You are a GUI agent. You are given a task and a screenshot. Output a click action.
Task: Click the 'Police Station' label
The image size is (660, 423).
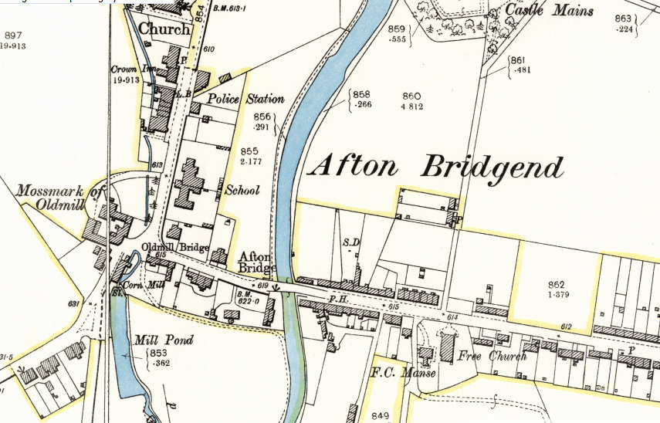click(x=245, y=99)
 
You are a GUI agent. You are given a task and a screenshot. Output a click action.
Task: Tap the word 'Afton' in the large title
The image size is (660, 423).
click(x=356, y=165)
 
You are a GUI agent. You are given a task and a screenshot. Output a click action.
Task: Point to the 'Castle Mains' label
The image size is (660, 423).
click(x=550, y=11)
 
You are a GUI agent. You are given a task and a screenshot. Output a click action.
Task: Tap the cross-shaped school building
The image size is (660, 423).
click(x=190, y=184)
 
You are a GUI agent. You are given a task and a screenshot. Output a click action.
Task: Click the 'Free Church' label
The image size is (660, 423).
click(x=492, y=357)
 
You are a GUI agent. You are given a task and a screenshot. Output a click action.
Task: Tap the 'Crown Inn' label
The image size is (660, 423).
click(x=129, y=69)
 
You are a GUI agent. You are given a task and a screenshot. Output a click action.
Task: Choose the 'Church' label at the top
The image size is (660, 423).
click(x=164, y=29)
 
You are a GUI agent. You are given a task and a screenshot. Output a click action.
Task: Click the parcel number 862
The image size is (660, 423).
click(x=557, y=285)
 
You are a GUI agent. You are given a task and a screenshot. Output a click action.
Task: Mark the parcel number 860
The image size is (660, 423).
click(x=411, y=96)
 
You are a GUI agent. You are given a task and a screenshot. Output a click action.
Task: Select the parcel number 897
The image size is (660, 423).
click(x=12, y=36)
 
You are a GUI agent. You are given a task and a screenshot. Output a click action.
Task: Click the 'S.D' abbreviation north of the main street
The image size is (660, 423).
click(x=351, y=242)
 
